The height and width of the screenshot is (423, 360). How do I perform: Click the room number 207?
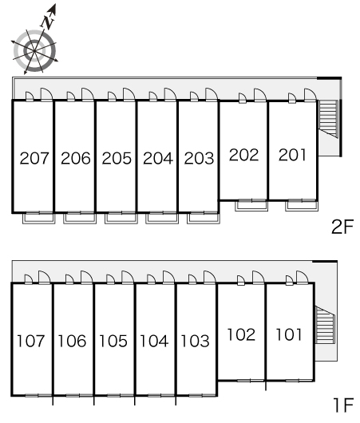click(34, 158)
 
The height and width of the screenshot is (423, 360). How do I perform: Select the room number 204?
click(158, 158)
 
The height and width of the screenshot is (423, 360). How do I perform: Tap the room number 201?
click(292, 155)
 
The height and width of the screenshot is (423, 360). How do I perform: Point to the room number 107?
click(31, 341)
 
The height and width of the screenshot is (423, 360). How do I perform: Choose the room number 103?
click(195, 341)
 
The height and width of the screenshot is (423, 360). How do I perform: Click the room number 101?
click(289, 334)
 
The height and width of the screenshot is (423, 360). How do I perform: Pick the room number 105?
click(113, 341)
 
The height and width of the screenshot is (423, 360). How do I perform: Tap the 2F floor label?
click(342, 227)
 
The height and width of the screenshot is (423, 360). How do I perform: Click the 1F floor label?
click(343, 405)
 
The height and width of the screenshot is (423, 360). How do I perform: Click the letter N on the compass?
click(48, 22)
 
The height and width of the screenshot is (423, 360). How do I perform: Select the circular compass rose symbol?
click(34, 51)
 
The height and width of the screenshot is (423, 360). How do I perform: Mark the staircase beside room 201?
click(328, 119)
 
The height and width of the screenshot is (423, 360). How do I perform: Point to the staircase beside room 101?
click(325, 325)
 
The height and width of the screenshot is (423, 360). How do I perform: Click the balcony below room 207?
click(39, 218)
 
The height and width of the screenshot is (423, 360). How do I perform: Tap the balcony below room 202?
click(251, 206)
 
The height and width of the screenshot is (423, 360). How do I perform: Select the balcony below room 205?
click(121, 218)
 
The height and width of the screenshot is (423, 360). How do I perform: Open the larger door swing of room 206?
click(88, 94)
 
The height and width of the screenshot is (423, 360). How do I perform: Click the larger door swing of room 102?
click(259, 278)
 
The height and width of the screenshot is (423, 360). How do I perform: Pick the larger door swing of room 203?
click(212, 94)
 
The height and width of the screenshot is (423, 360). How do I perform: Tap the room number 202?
click(243, 155)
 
